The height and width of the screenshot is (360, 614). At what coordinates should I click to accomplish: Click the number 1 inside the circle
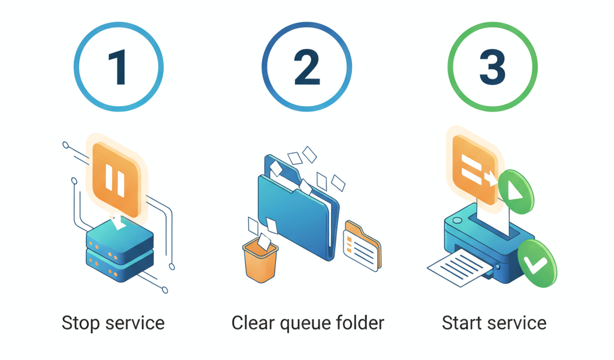click(118, 67)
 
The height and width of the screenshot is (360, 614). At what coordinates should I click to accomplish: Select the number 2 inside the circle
click(308, 67)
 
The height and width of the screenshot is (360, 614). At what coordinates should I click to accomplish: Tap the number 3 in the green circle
click(493, 67)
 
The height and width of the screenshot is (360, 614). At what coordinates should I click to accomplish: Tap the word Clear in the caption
click(249, 323)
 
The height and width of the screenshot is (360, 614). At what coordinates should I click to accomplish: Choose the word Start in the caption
click(461, 323)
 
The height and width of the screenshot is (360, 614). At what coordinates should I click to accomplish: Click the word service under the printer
click(517, 323)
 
